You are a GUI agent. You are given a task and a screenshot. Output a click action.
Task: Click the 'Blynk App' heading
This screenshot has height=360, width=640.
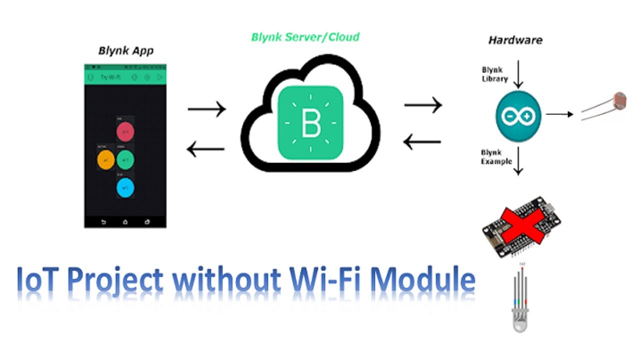tap(125, 50)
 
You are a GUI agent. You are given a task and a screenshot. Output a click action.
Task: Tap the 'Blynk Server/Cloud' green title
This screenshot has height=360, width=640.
tap(305, 37)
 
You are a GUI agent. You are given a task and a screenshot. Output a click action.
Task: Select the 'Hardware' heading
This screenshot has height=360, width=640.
tap(515, 40)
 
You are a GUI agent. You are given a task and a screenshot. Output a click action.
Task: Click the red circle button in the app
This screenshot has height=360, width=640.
tap(125, 132)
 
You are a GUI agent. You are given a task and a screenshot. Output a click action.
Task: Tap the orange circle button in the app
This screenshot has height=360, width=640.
tap(106, 160)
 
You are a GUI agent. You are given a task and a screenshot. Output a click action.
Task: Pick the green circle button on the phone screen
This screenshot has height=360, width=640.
tap(125, 160)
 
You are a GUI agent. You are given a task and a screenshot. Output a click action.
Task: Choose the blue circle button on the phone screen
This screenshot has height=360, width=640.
tap(125, 187)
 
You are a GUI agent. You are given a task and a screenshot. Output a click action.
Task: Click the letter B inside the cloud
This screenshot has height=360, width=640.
tap(311, 123)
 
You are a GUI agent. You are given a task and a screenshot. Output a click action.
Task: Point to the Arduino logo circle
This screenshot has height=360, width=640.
tap(518, 116)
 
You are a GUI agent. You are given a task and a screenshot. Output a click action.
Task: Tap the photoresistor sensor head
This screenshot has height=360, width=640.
tap(619, 100)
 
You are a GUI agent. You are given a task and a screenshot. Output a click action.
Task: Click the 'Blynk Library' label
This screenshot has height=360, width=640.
tap(494, 74)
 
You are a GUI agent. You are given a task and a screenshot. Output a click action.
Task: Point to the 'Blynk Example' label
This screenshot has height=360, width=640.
tap(496, 157)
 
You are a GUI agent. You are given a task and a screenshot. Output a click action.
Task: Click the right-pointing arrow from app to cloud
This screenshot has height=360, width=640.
tap(206, 108)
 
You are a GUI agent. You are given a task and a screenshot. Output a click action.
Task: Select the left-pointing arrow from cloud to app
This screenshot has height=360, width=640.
tap(205, 148)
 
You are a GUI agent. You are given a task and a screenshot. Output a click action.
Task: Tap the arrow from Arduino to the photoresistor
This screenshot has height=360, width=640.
tap(559, 114)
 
